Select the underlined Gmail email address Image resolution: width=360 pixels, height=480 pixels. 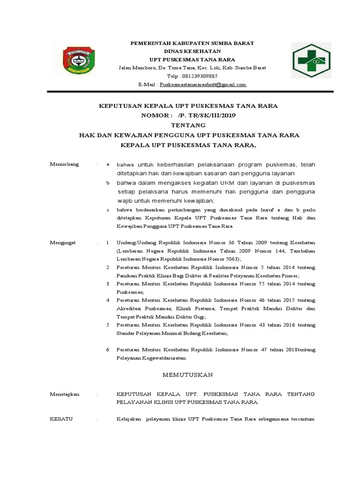(203, 84)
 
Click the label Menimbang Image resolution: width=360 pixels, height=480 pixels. (64, 164)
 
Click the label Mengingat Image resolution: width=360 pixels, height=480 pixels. (64, 243)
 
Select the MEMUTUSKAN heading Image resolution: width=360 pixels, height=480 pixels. (187, 375)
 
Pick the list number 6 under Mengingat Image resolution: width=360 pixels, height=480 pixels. (107, 350)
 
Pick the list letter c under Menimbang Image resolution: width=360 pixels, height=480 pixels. (108, 210)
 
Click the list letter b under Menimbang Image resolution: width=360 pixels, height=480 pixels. (108, 182)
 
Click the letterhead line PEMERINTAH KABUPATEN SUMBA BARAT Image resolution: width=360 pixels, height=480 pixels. (192, 43)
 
